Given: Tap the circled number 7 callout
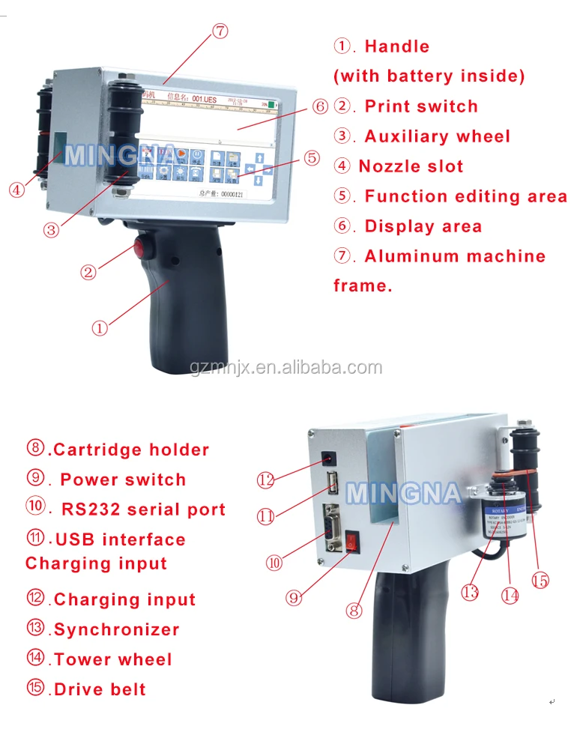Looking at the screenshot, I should tap(219, 31).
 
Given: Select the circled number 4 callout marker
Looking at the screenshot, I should tap(16, 190).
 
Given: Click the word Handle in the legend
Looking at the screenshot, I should tap(396, 46).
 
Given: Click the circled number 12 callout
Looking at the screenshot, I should tap(266, 480).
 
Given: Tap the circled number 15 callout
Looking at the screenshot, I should tap(540, 580).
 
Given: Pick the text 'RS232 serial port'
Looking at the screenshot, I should tap(142, 510).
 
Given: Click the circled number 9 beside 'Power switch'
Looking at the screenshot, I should tap(35, 479).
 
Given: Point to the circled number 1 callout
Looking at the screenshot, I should tap(100, 327).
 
